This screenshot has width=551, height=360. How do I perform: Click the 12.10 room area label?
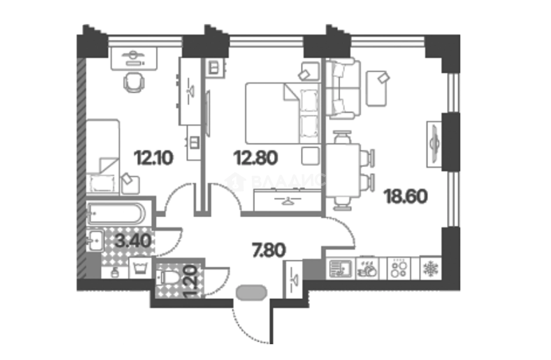click(x=154, y=157)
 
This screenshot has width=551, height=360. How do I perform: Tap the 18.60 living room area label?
click(x=406, y=196)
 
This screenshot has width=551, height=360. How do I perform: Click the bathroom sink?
click(x=94, y=240)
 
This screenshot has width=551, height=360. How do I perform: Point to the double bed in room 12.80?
click(x=281, y=113)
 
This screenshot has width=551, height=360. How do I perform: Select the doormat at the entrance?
click(x=251, y=292)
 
